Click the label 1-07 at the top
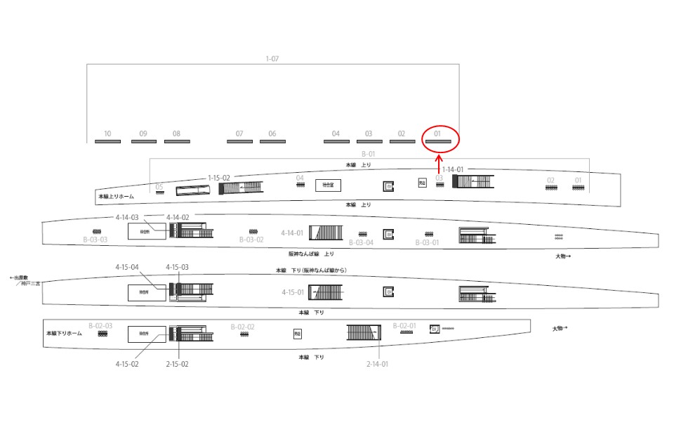point(272,59)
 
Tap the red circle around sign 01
point(440,138)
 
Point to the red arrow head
point(439,158)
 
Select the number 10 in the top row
point(107,133)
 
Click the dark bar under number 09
point(144,142)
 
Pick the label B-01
point(369,153)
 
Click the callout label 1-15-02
point(218,178)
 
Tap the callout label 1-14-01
point(453,169)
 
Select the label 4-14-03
point(127,218)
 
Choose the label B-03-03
point(94,240)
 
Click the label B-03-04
point(361,242)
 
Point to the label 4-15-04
point(127,267)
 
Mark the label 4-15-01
point(293,292)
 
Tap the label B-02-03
point(100,326)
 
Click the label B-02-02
point(242,327)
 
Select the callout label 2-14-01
point(377,364)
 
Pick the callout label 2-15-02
point(176,364)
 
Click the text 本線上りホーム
point(116,197)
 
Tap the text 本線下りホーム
point(64,333)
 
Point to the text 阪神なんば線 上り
point(311,253)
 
